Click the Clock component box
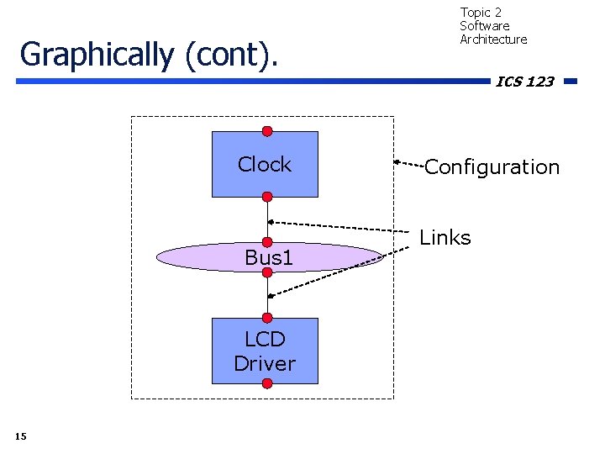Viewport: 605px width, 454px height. (x=265, y=165)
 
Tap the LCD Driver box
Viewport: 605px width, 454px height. (x=265, y=351)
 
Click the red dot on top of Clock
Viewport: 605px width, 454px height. (x=267, y=131)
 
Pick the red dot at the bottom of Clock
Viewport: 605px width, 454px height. (x=267, y=197)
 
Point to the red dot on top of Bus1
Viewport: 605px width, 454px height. (x=267, y=242)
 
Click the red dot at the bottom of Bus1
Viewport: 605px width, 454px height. (x=267, y=272)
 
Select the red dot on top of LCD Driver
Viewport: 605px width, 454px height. (x=267, y=318)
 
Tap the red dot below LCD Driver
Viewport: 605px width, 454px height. (x=267, y=383)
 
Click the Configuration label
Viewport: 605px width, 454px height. (x=492, y=167)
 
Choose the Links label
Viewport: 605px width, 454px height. (x=445, y=238)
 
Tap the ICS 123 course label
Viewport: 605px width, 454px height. (x=524, y=82)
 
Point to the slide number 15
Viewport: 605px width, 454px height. (x=21, y=436)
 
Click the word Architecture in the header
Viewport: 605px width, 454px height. (x=493, y=40)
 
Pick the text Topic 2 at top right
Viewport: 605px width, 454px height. (x=481, y=13)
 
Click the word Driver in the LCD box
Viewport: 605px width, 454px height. (x=265, y=364)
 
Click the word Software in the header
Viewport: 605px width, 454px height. (x=484, y=26)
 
